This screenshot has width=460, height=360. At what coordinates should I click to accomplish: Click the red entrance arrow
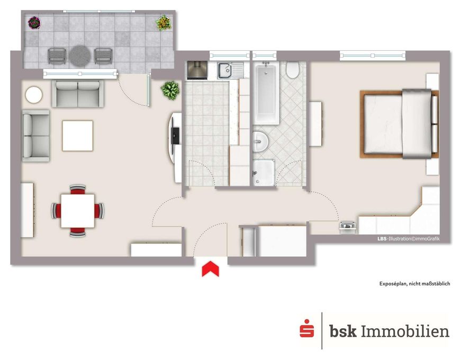coord(210,269)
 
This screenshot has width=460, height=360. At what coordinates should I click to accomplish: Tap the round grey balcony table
coord(80,56)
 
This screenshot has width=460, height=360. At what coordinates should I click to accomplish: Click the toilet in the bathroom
coord(292,70)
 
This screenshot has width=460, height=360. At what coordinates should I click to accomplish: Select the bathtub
coord(266,93)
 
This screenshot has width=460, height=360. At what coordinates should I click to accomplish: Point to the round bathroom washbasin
coord(260,141)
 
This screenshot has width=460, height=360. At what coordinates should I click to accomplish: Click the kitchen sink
coord(230,71)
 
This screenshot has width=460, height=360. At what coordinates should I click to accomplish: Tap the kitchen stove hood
coord(197,70)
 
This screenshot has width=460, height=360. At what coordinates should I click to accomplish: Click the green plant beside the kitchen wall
coord(170,90)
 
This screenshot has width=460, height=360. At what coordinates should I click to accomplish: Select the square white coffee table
coord(77,136)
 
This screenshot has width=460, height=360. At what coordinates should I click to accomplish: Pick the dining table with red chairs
coord(78,211)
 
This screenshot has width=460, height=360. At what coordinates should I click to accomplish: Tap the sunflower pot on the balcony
coord(164,23)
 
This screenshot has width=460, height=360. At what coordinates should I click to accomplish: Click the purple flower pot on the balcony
coord(34,23)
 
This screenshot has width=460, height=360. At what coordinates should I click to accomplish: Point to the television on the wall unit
coord(175,136)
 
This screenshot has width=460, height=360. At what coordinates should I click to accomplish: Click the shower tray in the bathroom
coord(264,173)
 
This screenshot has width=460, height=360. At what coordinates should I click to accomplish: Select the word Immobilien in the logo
coord(405,331)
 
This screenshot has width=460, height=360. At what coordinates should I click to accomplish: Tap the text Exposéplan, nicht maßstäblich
coord(414,284)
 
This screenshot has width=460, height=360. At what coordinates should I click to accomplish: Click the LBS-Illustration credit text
coord(408,239)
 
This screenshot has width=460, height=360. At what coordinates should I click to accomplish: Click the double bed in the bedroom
coord(400,124)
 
